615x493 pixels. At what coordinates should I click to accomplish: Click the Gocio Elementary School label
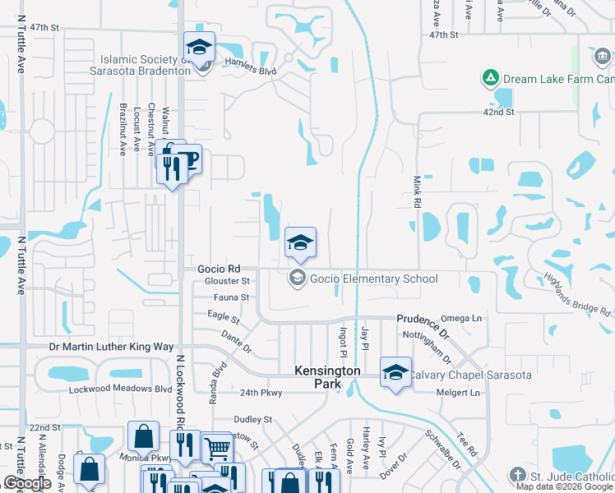pyautogui.click(x=373, y=279)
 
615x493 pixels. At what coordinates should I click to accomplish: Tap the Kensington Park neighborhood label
pyautogui.click(x=328, y=379)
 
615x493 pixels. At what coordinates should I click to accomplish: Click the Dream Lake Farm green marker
pyautogui.click(x=490, y=79)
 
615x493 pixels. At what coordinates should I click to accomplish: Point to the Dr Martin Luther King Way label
pyautogui.click(x=112, y=348)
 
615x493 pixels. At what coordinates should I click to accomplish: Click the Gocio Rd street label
pyautogui.click(x=219, y=269)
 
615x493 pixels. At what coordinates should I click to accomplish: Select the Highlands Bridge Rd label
pyautogui.click(x=576, y=295)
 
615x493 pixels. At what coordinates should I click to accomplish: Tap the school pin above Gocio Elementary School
pyautogui.click(x=300, y=242)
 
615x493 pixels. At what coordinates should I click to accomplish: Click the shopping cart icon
pyautogui.click(x=217, y=448)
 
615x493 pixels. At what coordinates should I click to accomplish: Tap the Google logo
pyautogui.click(x=27, y=484)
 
